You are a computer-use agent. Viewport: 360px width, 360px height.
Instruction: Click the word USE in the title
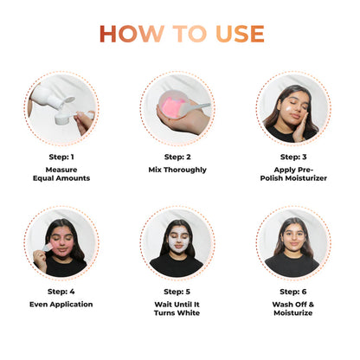pos(235,33)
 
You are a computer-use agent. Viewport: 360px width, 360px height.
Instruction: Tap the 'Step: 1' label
pos(61,157)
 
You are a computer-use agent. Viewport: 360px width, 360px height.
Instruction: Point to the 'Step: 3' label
pos(292,157)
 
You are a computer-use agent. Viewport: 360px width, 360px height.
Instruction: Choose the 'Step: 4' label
pos(61,292)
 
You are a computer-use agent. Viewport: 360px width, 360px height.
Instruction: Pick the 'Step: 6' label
pos(292,292)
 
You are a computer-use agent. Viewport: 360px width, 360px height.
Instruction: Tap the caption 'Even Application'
pos(61,304)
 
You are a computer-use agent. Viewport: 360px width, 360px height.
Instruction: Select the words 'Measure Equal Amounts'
pos(61,173)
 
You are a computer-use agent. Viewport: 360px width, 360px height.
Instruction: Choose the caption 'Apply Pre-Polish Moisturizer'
pos(292,173)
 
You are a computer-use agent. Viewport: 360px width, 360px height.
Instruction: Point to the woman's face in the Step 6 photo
pos(292,236)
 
